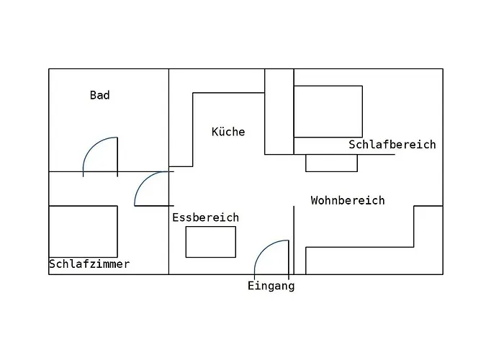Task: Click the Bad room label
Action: pos(99,95)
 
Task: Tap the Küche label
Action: pos(228,132)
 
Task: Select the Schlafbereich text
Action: pos(392,144)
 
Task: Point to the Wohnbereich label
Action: pos(348,200)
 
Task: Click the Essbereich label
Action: pos(206,217)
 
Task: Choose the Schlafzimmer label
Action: pos(89,264)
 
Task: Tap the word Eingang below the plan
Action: pos(271,286)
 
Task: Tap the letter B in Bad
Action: pos(93,95)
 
